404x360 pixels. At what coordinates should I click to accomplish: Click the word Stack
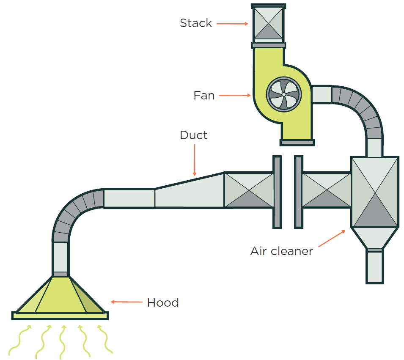(195, 23)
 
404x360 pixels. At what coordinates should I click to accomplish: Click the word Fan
(204, 96)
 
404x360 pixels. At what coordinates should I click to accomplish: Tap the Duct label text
(193, 135)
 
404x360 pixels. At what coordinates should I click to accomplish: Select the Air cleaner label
(281, 251)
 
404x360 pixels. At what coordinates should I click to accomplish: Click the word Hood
(162, 303)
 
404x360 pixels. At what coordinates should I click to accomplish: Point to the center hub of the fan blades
(283, 94)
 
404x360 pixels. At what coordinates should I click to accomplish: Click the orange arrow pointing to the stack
(232, 24)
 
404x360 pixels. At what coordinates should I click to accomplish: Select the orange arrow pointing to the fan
(235, 96)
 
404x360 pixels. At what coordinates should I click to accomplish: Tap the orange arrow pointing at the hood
(126, 302)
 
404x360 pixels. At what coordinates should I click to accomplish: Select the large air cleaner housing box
(374, 192)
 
